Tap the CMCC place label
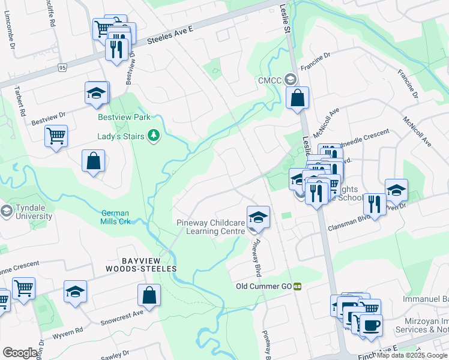270,80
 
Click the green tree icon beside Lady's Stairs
154,136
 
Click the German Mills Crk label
115,217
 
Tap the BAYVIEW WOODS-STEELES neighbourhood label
141,265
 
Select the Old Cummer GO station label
264,287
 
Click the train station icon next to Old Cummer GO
297,287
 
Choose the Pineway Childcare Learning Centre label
211,227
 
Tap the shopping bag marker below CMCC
297,97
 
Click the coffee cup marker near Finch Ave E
371,325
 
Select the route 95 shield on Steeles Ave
63,68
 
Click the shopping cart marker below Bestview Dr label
56,136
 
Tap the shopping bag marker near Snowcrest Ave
149,295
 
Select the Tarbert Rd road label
19,101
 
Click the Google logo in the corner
20,353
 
